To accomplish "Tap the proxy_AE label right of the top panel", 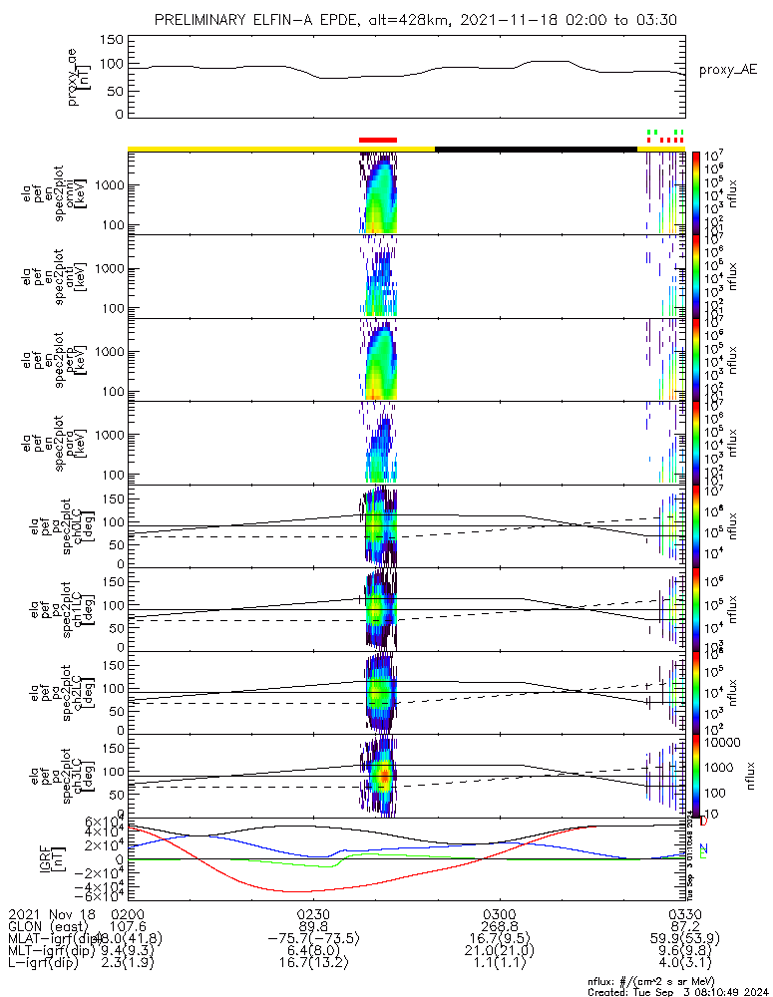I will (727, 69).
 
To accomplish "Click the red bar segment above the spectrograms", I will (378, 141).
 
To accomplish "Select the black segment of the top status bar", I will (536, 149).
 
